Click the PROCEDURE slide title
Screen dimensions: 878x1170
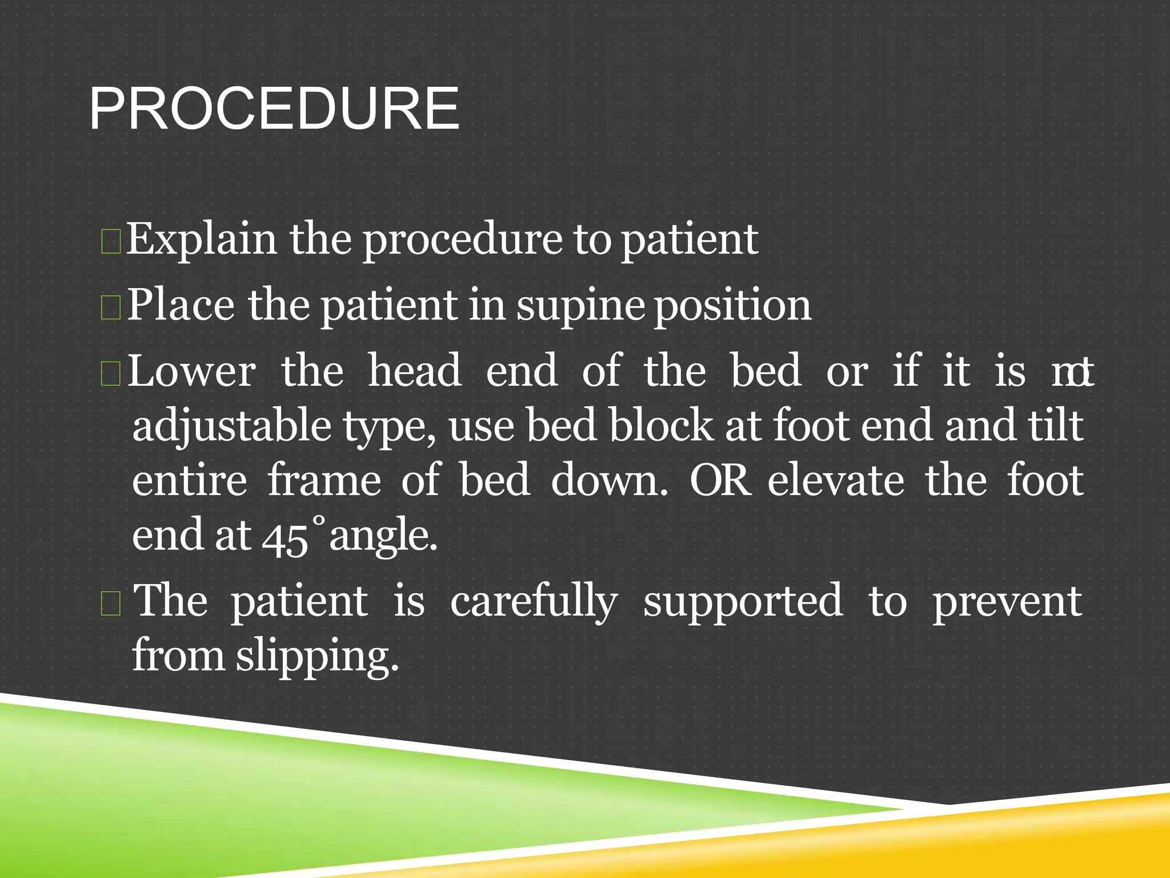[x=274, y=109]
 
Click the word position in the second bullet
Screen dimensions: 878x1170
[x=732, y=305]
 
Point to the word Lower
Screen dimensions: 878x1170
[x=191, y=371]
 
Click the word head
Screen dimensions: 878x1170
[x=414, y=371]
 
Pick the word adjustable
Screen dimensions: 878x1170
[x=231, y=426]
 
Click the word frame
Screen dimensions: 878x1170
[x=324, y=480]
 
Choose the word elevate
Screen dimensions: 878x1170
[x=835, y=480]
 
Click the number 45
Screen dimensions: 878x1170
[x=285, y=538]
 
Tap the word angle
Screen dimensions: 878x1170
[x=383, y=536]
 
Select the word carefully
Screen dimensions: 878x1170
[x=534, y=601]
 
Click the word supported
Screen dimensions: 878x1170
[x=743, y=601]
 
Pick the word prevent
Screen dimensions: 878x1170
[x=1007, y=601]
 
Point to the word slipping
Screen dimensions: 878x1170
[x=317, y=656]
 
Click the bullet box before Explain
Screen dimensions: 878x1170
[x=110, y=241]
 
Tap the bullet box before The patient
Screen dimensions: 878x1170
[x=110, y=604]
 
